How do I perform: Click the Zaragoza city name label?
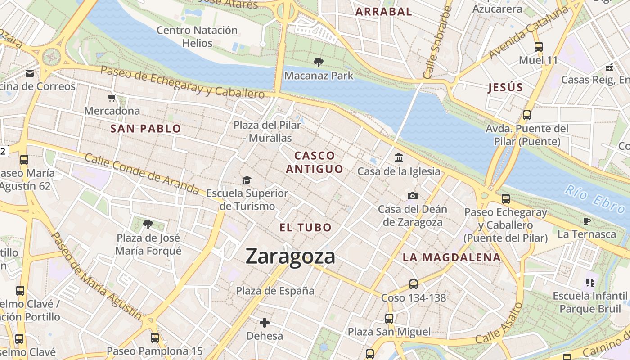tap(290, 256)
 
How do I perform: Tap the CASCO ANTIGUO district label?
tap(315, 162)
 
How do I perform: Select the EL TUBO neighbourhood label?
tap(306, 228)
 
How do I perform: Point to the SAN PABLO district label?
tap(146, 129)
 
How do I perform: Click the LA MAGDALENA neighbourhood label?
tap(451, 257)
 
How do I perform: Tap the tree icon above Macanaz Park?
tap(319, 63)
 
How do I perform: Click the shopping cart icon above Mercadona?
tap(112, 98)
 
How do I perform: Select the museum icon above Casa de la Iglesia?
tap(399, 158)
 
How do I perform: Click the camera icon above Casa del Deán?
tap(412, 196)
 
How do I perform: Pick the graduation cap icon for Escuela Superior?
tap(247, 180)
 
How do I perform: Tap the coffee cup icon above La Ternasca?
tap(586, 221)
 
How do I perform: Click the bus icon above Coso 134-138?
tap(413, 284)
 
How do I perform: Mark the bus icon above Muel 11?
tap(538, 46)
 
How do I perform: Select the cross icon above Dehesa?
tap(265, 323)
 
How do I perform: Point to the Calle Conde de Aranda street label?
tap(141, 173)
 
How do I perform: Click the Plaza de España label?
tap(275, 291)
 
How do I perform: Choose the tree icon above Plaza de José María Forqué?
tap(148, 224)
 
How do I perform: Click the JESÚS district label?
tap(506, 87)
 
